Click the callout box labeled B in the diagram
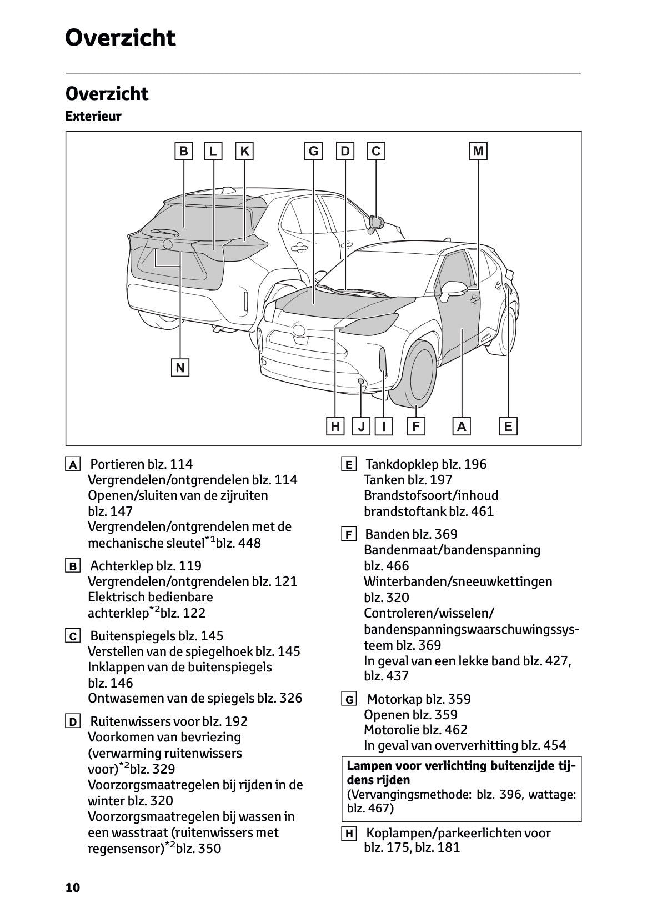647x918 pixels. point(183,152)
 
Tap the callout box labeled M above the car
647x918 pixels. point(478,152)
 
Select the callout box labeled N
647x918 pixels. point(180,368)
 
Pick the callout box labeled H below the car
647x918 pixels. point(335,427)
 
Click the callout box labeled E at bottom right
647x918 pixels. point(508,427)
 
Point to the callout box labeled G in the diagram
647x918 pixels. point(313,152)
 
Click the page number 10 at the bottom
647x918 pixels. point(73,887)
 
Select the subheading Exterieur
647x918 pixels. point(93,117)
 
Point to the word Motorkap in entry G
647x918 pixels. point(394,699)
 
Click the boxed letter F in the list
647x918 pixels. point(348,535)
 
